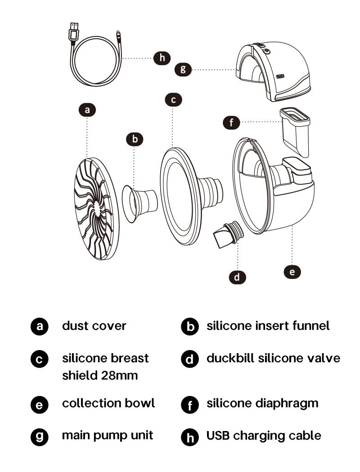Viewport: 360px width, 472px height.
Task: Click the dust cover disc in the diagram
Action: click(x=96, y=208)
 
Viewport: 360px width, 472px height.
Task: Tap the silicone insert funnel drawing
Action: click(x=139, y=204)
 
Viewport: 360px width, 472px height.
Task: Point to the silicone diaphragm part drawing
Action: click(x=295, y=132)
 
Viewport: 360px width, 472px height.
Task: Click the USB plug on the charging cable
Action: click(x=74, y=32)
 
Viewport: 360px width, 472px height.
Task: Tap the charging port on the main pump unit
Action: click(x=280, y=76)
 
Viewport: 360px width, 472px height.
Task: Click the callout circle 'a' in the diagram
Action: click(x=87, y=110)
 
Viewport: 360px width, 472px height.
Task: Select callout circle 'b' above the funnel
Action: click(x=135, y=139)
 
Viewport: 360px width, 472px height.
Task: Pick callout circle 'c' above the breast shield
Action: click(x=173, y=99)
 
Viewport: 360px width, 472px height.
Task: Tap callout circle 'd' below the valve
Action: click(x=238, y=277)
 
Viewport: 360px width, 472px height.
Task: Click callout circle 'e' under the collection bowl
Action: click(x=292, y=272)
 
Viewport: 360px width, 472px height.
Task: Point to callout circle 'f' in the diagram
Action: click(x=231, y=122)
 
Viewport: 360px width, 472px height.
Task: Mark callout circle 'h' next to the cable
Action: click(x=162, y=58)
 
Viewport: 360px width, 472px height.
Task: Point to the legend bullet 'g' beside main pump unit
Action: click(x=40, y=436)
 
